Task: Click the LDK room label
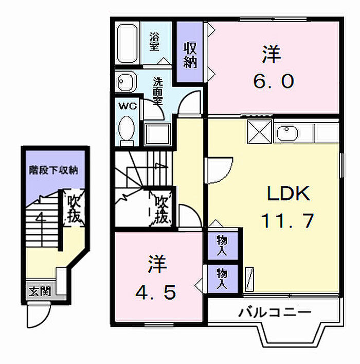(288, 195)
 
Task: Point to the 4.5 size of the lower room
(156, 292)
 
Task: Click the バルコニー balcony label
(275, 312)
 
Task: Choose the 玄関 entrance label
(39, 291)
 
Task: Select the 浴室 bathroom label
(154, 42)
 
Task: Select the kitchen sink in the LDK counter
(286, 133)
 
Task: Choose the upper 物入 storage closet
(223, 246)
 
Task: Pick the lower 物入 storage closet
(223, 278)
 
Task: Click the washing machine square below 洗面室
(158, 133)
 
